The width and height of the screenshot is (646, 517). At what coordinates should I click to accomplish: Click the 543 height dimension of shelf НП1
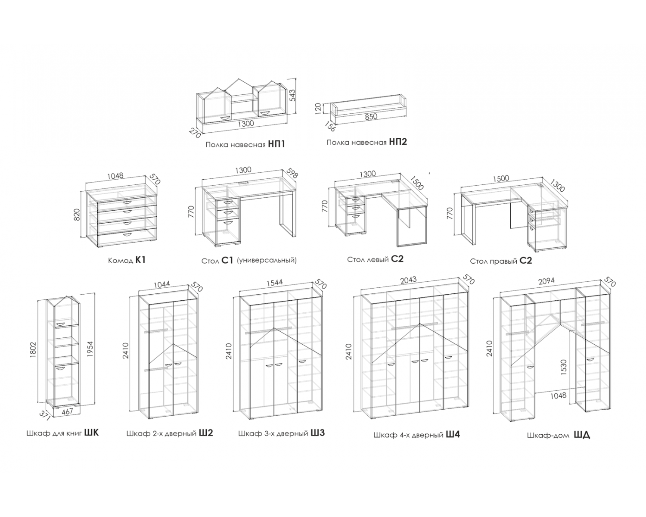(x=292, y=95)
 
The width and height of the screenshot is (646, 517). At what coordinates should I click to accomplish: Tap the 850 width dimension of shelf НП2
(x=371, y=117)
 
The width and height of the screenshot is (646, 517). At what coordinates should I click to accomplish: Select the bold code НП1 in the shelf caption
(x=276, y=144)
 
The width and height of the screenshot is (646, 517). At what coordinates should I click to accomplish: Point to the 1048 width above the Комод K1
(x=115, y=175)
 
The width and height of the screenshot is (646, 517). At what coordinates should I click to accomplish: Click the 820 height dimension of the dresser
(x=77, y=215)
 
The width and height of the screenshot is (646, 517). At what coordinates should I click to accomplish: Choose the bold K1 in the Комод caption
(x=140, y=260)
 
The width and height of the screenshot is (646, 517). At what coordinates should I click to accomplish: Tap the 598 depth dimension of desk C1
(x=292, y=173)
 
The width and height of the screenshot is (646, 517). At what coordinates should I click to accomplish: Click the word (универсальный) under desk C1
(x=267, y=260)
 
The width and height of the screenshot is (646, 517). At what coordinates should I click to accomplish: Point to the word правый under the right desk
(x=503, y=262)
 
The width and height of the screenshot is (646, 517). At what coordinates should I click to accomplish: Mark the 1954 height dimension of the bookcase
(x=90, y=349)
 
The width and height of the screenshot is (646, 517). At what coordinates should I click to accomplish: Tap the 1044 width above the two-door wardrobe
(x=162, y=284)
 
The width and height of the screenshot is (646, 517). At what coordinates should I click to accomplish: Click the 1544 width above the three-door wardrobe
(x=275, y=283)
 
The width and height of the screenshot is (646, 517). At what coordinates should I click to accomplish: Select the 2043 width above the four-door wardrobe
(x=409, y=280)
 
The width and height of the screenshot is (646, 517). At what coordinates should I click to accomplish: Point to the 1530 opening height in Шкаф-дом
(x=563, y=368)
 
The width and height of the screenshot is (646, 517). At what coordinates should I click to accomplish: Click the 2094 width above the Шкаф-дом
(x=546, y=281)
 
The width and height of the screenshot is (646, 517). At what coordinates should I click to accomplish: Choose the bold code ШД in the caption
(x=582, y=435)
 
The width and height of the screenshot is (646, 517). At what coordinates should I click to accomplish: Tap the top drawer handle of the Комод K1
(x=127, y=201)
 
